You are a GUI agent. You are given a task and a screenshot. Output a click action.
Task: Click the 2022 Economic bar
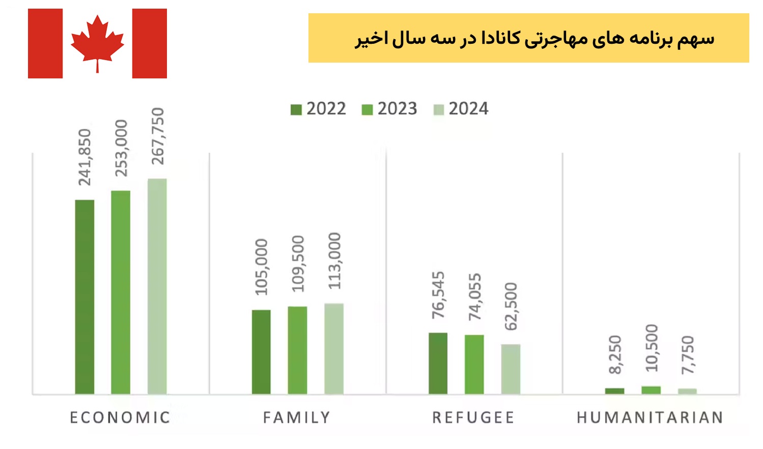[x=84, y=297]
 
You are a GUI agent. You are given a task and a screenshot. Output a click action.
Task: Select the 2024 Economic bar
[x=157, y=286]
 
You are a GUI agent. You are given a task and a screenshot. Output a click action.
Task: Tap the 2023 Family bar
[x=297, y=350]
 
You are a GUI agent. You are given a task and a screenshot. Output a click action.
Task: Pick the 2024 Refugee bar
[x=511, y=369]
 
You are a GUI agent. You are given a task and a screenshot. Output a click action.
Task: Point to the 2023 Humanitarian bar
[x=651, y=390]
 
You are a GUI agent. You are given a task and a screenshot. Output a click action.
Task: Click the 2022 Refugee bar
[x=438, y=363]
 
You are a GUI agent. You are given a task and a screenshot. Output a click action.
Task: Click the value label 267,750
[x=158, y=136]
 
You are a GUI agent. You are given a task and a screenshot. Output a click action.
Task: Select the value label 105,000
[x=261, y=267]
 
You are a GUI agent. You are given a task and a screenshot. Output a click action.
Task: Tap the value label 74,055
[x=474, y=297]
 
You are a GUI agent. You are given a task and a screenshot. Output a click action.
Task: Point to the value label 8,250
[x=615, y=355]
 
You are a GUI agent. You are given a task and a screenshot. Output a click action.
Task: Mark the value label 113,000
[x=334, y=261]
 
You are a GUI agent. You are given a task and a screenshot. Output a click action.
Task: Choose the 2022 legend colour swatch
[x=296, y=109]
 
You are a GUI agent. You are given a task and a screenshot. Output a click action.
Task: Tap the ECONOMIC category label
[x=120, y=417]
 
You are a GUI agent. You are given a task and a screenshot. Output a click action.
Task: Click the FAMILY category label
[x=297, y=417]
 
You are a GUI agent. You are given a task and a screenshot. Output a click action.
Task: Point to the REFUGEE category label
[x=473, y=417]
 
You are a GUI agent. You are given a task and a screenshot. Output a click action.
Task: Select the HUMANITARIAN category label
[x=650, y=417]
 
